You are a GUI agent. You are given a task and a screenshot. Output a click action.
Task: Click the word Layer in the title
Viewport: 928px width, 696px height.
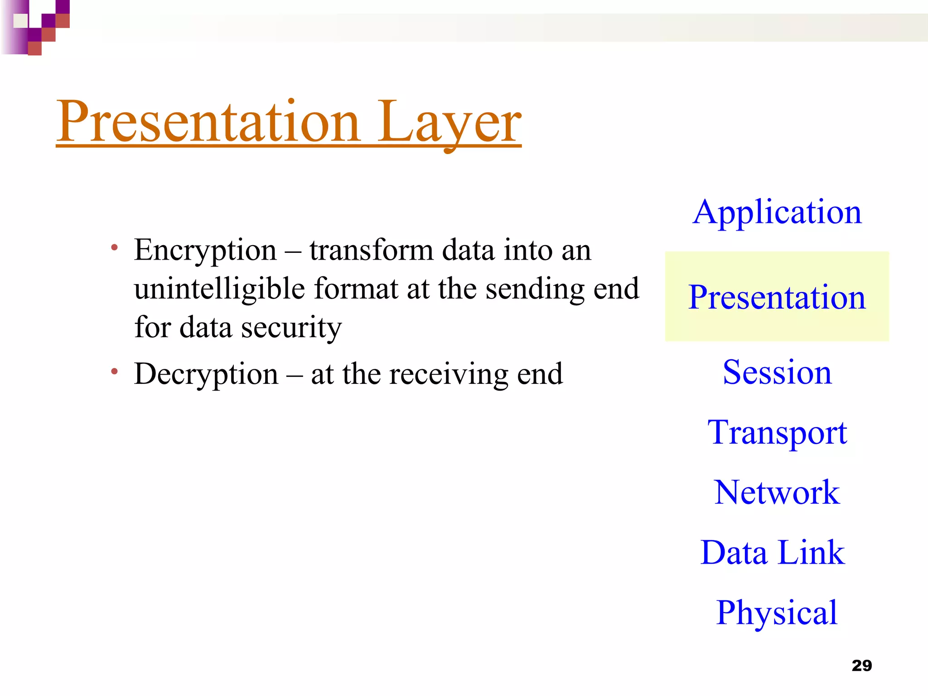click(x=449, y=122)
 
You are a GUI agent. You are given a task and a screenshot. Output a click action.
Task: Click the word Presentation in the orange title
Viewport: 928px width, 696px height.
click(x=208, y=122)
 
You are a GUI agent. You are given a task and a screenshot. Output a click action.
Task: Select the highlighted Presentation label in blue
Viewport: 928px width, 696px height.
click(x=777, y=297)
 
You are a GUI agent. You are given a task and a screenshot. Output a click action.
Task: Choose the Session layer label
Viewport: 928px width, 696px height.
click(x=777, y=372)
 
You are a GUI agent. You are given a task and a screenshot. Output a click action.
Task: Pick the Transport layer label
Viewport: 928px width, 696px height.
click(x=777, y=432)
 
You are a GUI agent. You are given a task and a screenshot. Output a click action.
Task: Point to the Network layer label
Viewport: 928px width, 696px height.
click(x=777, y=493)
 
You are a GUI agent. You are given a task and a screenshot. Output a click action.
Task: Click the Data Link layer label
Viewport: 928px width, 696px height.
click(x=773, y=553)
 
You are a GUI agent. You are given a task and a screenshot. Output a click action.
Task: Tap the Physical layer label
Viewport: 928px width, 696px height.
click(x=777, y=613)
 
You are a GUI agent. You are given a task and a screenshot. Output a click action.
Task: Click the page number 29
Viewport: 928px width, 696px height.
click(x=861, y=666)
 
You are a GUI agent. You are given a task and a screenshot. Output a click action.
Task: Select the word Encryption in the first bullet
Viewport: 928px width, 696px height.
click(x=205, y=251)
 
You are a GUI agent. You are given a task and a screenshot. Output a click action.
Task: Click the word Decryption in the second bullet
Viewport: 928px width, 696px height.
click(x=206, y=374)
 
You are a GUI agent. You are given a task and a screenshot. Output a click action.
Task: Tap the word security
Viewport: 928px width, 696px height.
click(x=291, y=327)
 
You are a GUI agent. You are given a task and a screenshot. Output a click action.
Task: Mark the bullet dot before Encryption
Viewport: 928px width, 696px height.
click(x=115, y=248)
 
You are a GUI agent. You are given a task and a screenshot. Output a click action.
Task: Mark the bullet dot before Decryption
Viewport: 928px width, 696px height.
click(x=115, y=372)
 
